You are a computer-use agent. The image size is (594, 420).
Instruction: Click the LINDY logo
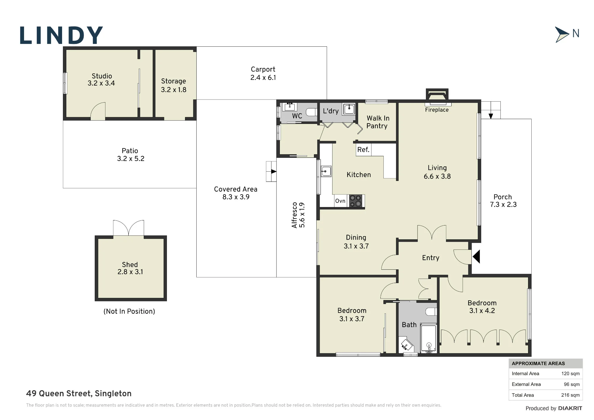(61, 35)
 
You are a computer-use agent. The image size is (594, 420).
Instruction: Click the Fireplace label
(437, 110)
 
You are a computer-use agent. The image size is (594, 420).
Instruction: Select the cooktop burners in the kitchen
(356, 201)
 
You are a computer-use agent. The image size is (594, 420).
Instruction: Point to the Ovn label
(340, 201)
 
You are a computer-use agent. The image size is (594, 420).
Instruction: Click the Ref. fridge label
(363, 150)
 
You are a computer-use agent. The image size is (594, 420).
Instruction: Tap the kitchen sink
(326, 171)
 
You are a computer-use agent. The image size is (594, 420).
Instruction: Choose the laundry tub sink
(349, 109)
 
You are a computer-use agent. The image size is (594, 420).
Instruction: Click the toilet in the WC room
(312, 112)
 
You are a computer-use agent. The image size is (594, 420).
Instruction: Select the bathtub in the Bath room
(429, 338)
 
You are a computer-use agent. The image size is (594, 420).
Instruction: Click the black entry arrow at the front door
(476, 257)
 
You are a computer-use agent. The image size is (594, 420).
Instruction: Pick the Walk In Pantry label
(377, 122)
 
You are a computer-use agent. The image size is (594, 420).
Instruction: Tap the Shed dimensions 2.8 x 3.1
(130, 272)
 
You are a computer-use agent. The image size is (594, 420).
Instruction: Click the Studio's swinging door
(98, 110)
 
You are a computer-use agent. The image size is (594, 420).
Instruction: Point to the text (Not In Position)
(129, 311)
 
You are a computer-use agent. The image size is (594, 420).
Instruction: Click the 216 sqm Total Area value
(570, 395)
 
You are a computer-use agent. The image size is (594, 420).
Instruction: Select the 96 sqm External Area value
(572, 384)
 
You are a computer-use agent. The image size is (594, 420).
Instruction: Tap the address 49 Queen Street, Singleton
(79, 394)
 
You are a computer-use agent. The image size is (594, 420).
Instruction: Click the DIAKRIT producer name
(570, 408)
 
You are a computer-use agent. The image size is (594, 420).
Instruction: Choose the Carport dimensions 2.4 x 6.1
(263, 78)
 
